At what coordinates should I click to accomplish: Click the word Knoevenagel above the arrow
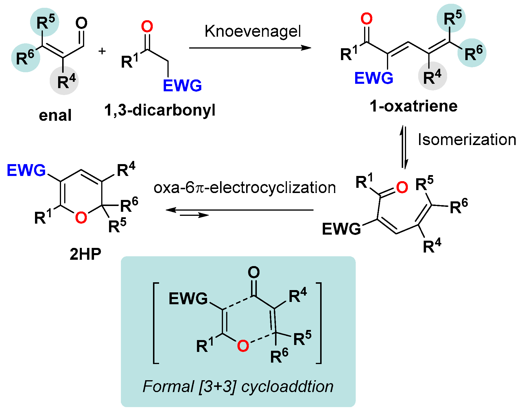252,31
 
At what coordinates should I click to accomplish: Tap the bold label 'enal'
55,115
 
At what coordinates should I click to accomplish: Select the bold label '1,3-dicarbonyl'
160,110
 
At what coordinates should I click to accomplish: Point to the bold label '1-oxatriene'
413,106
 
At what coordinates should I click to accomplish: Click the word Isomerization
467,140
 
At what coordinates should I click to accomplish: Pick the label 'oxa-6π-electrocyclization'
245,188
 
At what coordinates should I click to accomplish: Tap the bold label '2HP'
85,254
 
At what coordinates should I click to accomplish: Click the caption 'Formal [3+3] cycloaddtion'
238,386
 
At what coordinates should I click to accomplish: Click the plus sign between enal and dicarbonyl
102,51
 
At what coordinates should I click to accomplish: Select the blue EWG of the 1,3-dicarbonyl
182,86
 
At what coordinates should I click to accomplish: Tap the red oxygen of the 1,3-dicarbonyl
147,27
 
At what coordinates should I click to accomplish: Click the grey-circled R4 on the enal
66,81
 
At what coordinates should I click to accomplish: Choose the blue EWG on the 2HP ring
26,170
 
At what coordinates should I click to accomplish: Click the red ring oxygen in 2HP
81,218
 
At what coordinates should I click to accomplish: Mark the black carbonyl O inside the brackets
254,272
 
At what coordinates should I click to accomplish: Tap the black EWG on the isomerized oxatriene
341,229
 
